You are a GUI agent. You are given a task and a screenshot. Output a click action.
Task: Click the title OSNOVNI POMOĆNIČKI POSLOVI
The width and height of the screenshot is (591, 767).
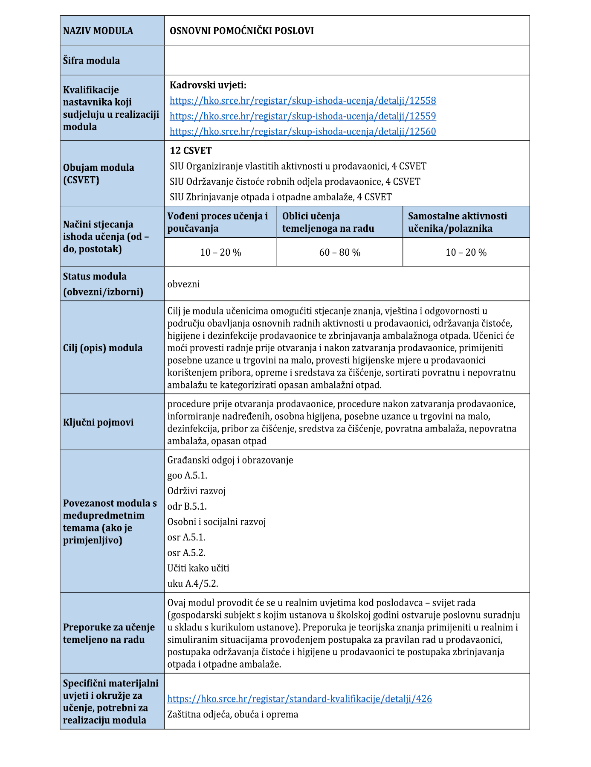(x=241, y=31)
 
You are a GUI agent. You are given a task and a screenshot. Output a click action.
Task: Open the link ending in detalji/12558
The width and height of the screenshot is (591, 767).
(x=303, y=101)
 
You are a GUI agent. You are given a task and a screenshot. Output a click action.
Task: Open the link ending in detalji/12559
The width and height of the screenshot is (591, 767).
(x=303, y=116)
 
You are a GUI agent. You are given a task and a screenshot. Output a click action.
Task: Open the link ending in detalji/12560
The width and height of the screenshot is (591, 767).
(x=303, y=131)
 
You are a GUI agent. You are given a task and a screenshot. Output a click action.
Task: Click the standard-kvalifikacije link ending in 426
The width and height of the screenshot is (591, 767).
(x=299, y=699)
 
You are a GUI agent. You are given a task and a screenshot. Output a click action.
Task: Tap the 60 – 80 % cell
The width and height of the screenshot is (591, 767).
(x=339, y=253)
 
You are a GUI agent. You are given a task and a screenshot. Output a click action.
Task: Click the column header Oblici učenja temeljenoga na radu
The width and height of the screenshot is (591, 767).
(x=328, y=222)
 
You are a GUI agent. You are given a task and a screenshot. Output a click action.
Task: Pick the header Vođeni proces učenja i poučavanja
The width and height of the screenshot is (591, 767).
(x=217, y=222)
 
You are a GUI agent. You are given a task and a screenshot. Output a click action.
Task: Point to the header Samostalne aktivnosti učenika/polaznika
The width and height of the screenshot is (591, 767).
(x=457, y=222)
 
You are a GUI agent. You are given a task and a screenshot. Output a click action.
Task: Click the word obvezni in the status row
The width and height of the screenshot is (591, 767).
(x=183, y=284)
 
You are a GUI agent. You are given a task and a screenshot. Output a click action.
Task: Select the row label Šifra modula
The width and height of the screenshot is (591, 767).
(x=91, y=61)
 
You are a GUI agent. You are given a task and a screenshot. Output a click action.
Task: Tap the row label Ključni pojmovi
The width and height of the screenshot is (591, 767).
(x=98, y=422)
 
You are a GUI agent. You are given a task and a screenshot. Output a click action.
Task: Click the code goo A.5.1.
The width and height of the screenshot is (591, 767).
(x=187, y=475)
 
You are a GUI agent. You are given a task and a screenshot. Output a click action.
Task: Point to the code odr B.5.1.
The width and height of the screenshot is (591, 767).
(x=187, y=506)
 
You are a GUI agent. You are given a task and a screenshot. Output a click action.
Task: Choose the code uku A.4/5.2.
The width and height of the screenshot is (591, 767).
(x=193, y=583)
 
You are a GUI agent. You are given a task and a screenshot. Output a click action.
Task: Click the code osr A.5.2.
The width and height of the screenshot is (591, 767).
(x=186, y=553)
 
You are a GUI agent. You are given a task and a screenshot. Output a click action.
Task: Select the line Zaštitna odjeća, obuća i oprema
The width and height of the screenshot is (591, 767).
(x=232, y=714)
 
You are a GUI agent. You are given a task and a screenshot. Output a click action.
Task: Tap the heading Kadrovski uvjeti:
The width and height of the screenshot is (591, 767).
(x=208, y=85)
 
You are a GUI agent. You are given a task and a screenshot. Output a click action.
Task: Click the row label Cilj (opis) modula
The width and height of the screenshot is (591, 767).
(x=103, y=348)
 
